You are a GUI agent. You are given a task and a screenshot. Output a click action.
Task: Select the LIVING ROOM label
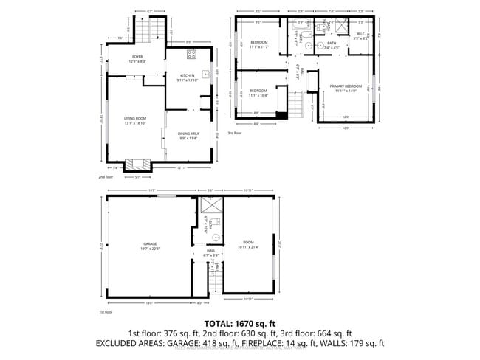(x=135, y=120)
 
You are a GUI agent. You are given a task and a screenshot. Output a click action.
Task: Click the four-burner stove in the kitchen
(x=191, y=55)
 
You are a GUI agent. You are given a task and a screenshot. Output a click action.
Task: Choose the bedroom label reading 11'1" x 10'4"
(x=258, y=92)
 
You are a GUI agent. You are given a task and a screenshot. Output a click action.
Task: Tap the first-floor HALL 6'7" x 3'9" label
(x=210, y=253)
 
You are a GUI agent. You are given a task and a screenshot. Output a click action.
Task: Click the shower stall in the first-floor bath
(x=208, y=207)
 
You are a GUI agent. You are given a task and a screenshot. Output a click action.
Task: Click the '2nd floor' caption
(x=106, y=178)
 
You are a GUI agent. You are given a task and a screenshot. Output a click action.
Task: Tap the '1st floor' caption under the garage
(x=106, y=313)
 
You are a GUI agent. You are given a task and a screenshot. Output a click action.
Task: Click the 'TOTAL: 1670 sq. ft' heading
(x=240, y=324)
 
